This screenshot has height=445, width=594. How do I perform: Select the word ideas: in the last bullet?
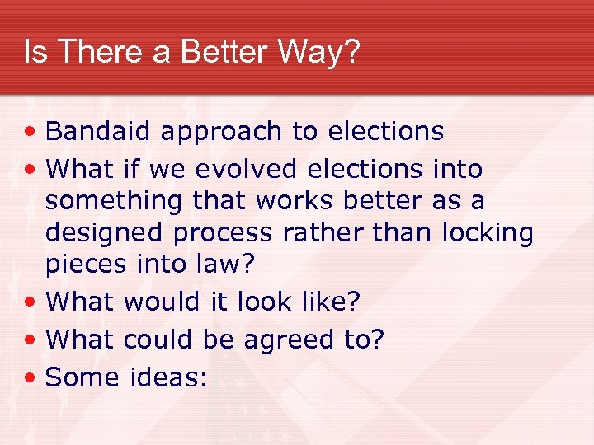(x=168, y=377)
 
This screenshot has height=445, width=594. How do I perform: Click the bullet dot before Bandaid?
(x=31, y=132)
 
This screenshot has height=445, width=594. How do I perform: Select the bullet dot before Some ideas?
(x=31, y=378)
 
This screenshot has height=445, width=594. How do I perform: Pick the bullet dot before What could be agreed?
(x=31, y=340)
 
